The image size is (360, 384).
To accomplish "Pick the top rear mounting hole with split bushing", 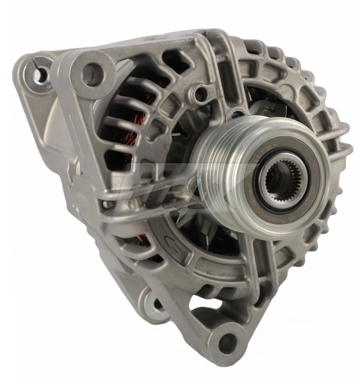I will [x=40, y=74].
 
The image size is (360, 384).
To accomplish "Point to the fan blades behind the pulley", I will [x=192, y=218].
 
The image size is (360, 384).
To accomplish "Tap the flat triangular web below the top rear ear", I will [x=54, y=122].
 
